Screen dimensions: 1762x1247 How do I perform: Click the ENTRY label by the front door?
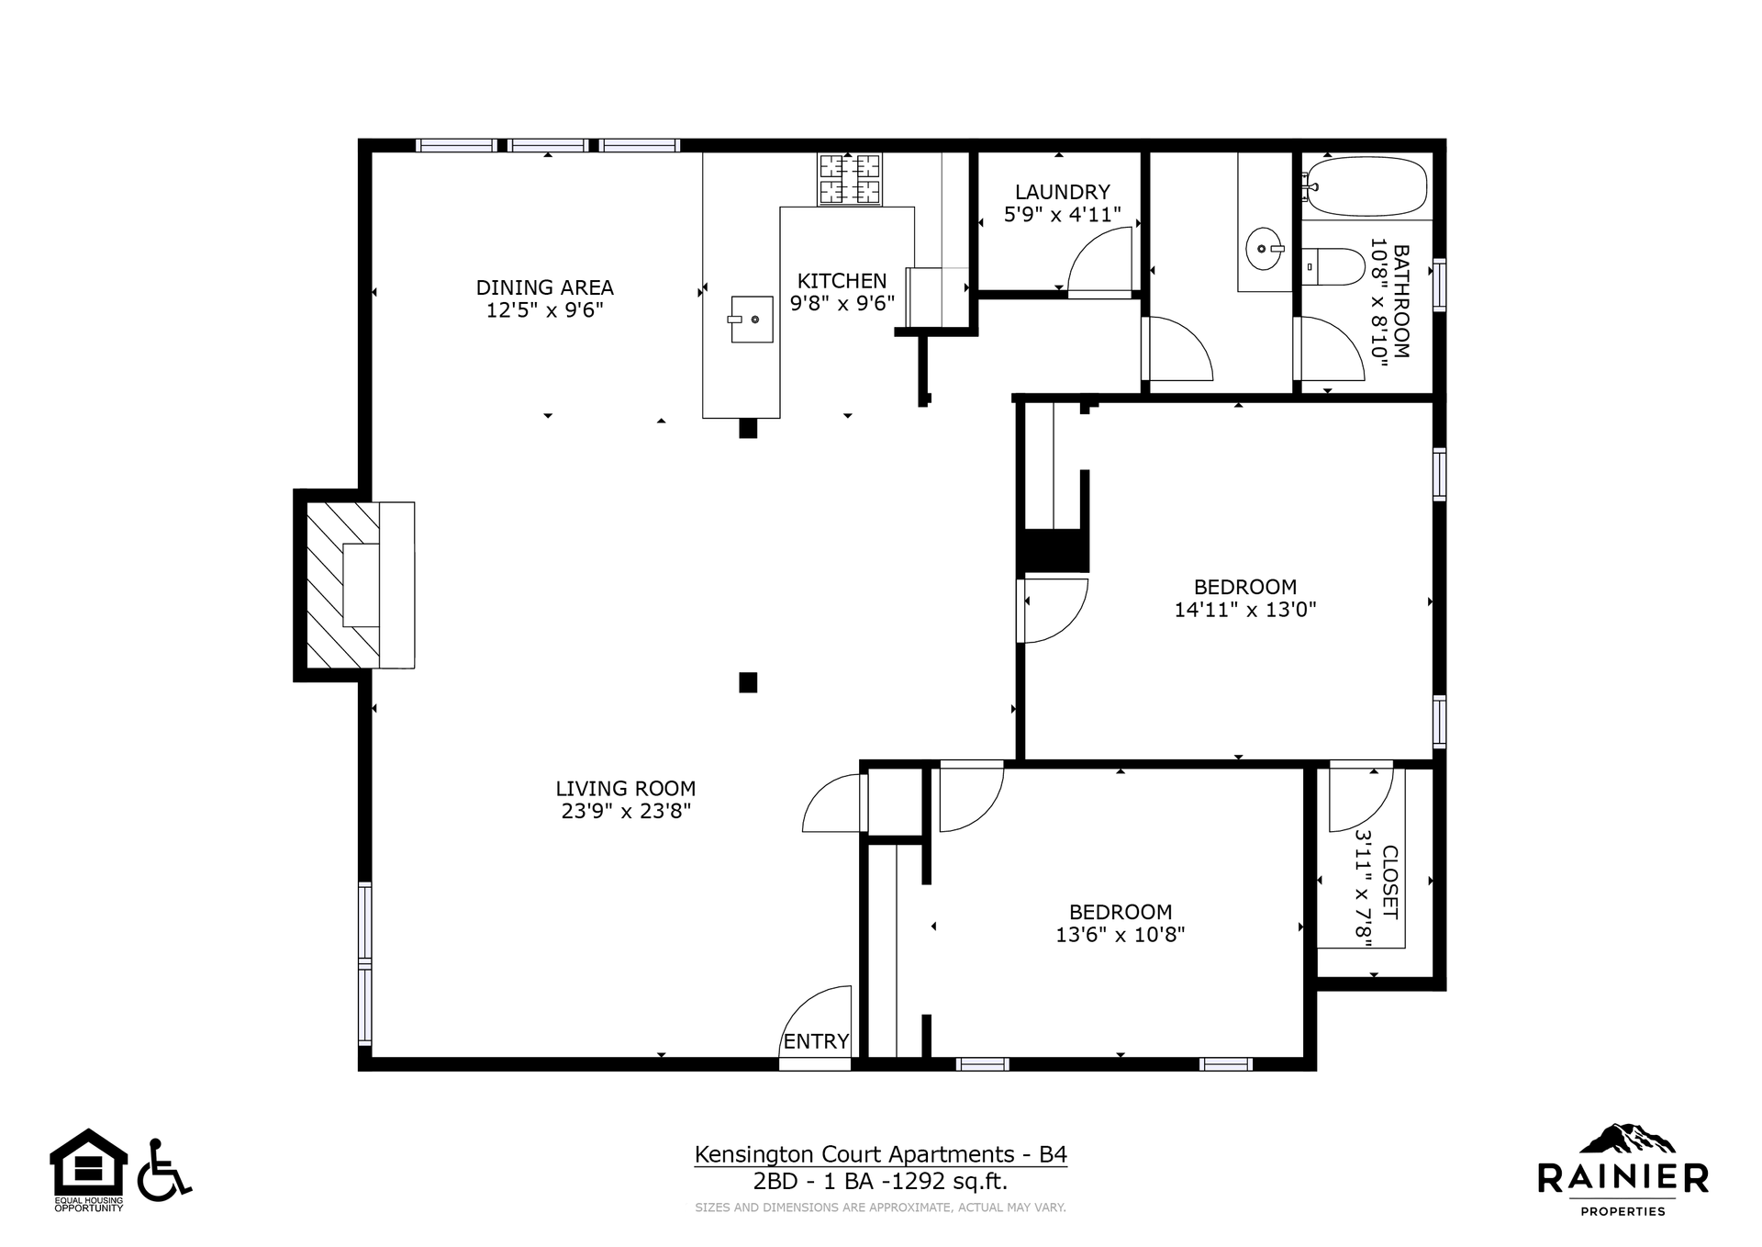click(816, 1041)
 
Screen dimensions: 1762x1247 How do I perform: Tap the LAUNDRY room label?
click(1063, 192)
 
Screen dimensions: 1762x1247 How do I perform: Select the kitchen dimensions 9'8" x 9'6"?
click(842, 304)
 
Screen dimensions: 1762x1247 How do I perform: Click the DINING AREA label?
click(545, 287)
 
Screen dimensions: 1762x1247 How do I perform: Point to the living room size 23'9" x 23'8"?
click(626, 811)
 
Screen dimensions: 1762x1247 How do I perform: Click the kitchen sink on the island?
click(753, 320)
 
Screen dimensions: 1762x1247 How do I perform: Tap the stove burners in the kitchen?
click(849, 179)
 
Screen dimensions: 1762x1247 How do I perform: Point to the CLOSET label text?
click(1389, 882)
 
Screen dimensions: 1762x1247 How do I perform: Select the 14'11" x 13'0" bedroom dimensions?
click(1245, 609)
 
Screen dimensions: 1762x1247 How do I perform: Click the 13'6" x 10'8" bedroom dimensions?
click(1121, 935)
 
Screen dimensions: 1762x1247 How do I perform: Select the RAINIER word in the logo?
click(1623, 1177)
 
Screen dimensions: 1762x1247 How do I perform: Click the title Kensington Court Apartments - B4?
click(881, 1154)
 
